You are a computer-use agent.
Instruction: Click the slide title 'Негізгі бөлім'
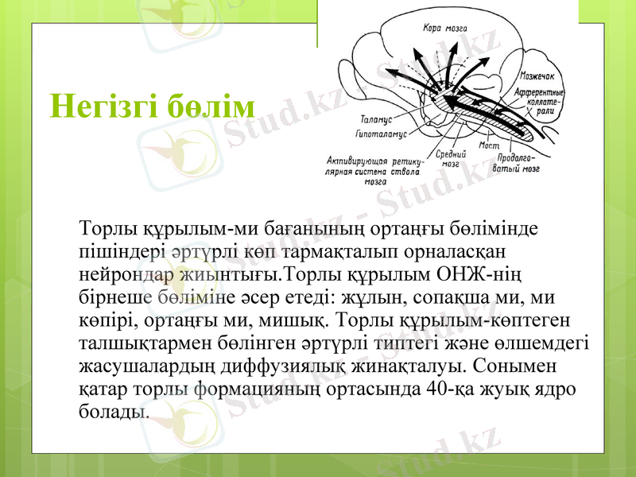tap(152, 106)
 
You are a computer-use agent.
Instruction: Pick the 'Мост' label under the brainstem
tap(488, 145)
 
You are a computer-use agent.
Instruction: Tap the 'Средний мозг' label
tap(451, 158)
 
